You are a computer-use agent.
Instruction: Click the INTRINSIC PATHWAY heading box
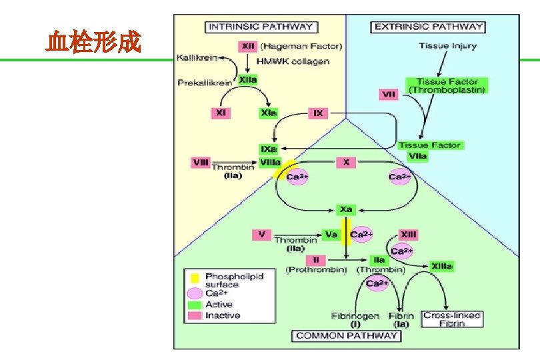tap(261, 27)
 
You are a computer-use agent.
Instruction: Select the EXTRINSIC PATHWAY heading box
tap(429, 27)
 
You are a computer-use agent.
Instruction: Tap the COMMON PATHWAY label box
tap(347, 335)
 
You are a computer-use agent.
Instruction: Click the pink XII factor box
tap(247, 47)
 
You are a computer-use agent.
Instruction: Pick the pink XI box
tap(221, 113)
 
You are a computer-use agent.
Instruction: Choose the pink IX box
tap(319, 113)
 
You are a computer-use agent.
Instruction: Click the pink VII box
tap(389, 95)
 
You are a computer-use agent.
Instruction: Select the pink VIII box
tap(200, 161)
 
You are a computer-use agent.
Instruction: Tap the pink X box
tap(346, 161)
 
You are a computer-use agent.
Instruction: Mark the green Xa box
tap(346, 209)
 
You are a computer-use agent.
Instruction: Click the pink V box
tap(262, 234)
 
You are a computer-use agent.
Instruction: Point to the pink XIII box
tap(408, 234)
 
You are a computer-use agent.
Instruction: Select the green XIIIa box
tap(441, 266)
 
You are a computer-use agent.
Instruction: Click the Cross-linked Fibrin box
tap(452, 319)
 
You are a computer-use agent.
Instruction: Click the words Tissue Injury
tap(446, 46)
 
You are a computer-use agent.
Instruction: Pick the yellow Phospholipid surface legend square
tap(194, 276)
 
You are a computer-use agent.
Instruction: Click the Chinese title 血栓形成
tap(93, 43)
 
